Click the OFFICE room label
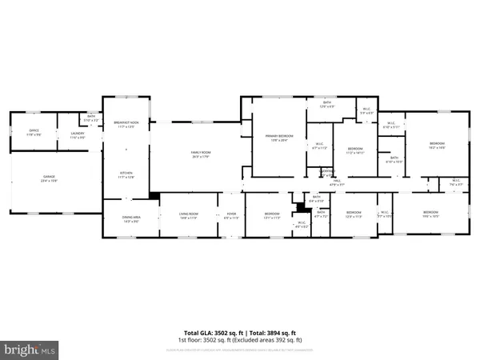click(x=34, y=132)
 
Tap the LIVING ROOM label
click(x=188, y=215)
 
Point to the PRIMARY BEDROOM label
click(x=280, y=138)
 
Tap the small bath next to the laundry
click(x=92, y=118)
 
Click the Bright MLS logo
click(x=30, y=349)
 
